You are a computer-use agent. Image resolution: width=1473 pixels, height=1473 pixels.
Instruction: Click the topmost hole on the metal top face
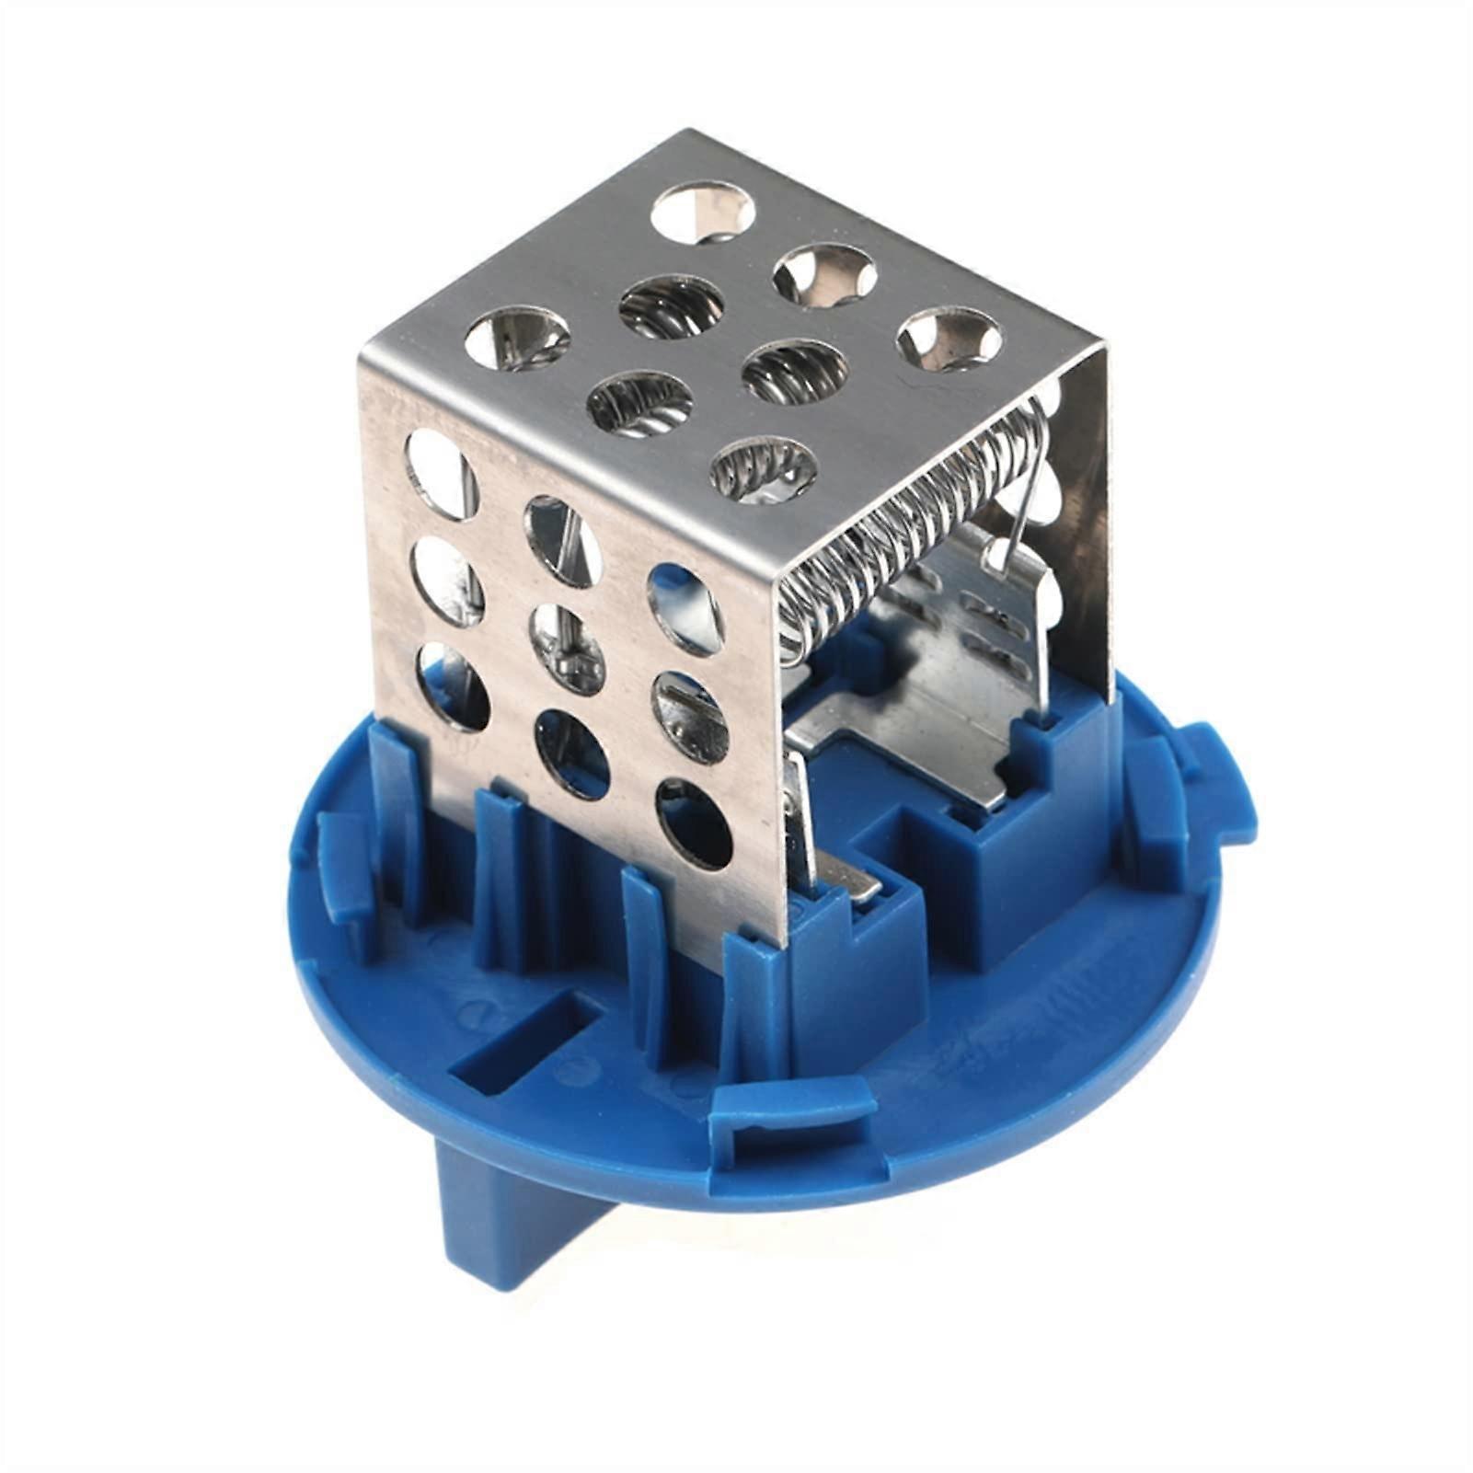(x=703, y=208)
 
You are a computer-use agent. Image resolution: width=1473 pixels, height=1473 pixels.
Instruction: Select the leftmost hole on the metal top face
(x=517, y=338)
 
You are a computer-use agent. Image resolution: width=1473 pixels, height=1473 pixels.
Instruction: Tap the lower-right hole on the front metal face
(x=695, y=823)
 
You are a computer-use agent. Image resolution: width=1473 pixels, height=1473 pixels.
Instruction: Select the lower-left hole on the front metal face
(x=452, y=686)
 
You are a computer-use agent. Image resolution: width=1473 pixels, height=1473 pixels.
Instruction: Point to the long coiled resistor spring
(x=911, y=524)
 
